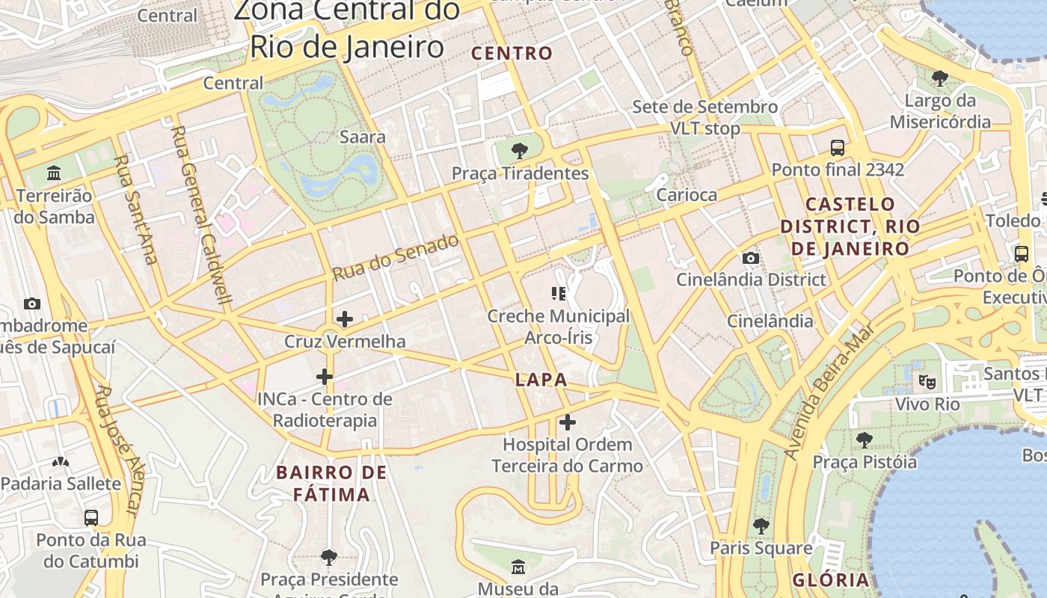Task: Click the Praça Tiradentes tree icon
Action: coord(519,151)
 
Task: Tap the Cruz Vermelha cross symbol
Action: coord(344,320)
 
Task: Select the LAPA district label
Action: coord(541,380)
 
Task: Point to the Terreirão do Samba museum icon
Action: coord(54,173)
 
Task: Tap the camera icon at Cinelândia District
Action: coord(751,259)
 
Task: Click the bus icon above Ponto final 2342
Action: coord(838,148)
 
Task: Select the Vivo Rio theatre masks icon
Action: coord(927,382)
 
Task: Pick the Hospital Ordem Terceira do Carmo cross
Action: coord(568,422)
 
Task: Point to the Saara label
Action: coord(363,137)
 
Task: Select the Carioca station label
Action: coord(687,195)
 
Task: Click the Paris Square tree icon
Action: coord(761,526)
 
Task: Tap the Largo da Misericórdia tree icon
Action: coord(939,78)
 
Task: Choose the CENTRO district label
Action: coord(512,54)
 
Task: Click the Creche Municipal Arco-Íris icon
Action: coord(559,294)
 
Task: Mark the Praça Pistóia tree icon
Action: coord(865,440)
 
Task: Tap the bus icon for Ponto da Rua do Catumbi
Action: coord(91,517)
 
